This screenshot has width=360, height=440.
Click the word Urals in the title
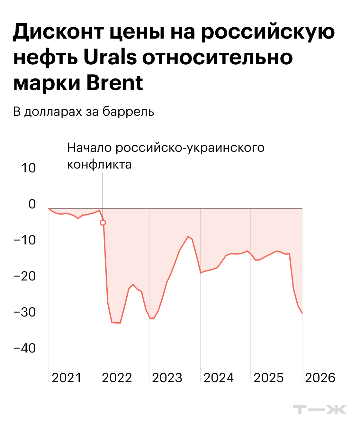point(110,57)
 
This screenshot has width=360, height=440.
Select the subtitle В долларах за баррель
point(84,111)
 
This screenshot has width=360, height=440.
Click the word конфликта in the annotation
point(99,164)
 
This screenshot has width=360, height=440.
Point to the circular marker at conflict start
point(103,223)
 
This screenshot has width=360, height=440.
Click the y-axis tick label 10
point(28,168)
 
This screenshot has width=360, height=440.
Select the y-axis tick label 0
point(32,204)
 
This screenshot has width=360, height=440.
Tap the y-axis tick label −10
point(25,240)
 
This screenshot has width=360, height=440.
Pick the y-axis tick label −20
point(25,276)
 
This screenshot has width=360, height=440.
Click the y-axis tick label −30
point(25,312)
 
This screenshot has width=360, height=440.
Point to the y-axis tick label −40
point(25,348)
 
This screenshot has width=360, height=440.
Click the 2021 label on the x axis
point(67,378)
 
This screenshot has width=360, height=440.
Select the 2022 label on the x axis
point(117,378)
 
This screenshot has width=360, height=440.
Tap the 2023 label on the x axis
point(167,378)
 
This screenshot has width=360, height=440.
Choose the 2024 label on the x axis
point(219,378)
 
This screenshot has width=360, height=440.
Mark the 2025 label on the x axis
point(269,378)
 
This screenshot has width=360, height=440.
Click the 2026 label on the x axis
point(320,378)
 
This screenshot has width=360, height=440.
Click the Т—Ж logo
point(320,410)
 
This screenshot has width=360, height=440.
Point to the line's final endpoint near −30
point(302,313)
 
